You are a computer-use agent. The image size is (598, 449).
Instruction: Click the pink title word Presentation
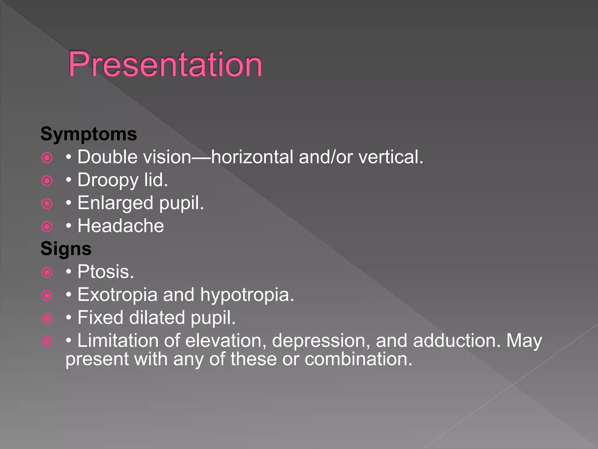pos(165,65)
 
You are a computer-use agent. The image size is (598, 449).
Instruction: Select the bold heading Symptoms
pos(89,134)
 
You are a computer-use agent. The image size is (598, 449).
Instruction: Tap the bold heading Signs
pos(66,249)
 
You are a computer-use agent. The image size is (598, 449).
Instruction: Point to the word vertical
pos(390,157)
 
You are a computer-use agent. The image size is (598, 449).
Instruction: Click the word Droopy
pos(108,180)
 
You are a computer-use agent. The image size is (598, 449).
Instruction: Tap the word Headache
pos(121,226)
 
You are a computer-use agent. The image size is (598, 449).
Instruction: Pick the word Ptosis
pos(105,272)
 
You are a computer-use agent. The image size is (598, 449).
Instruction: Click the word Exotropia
pos(117,295)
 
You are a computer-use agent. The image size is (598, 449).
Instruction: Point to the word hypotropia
pos(247,295)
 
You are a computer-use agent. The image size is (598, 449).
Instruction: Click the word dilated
pos(157,318)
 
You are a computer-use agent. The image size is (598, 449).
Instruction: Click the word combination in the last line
pos(358,359)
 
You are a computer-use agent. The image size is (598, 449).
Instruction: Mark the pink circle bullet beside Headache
pos(47,227)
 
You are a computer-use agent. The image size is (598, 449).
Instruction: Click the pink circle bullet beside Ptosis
pos(47,272)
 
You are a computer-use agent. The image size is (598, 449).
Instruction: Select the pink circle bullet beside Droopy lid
pos(47,181)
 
